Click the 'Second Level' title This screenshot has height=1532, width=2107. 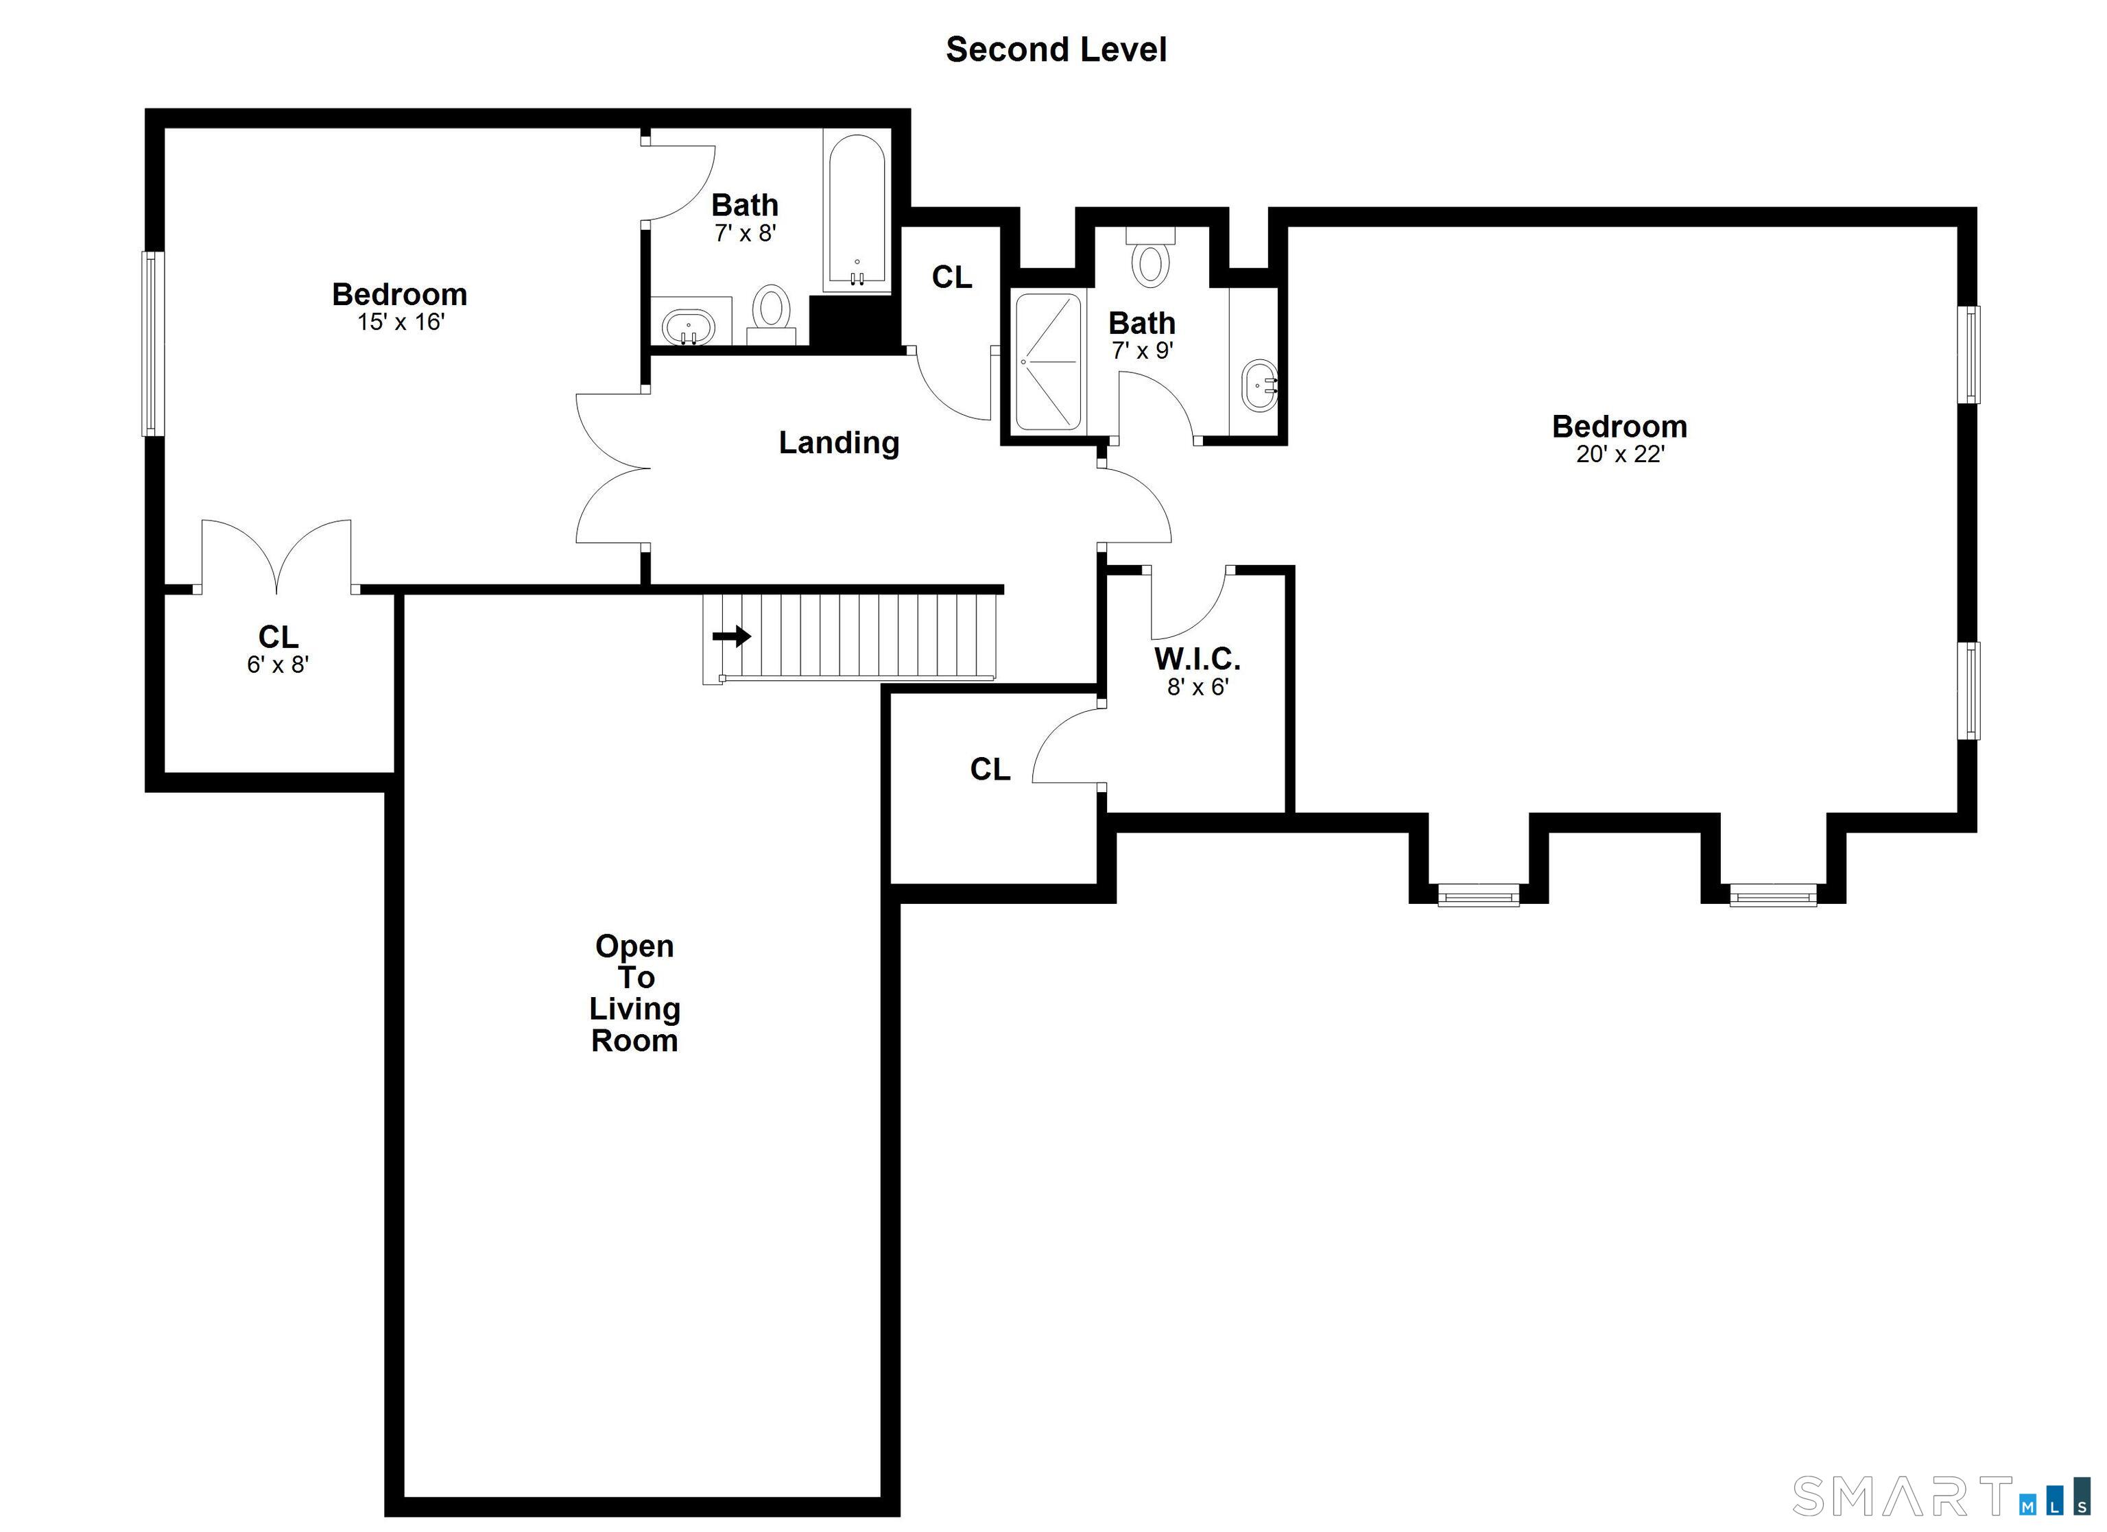coord(1056,50)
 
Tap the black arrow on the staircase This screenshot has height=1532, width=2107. coord(731,636)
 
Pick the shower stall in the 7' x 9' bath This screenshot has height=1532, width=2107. coord(1049,361)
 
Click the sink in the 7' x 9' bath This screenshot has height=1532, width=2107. coord(1261,384)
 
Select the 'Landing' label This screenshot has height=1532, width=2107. coord(838,443)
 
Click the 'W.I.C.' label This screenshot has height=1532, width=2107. coord(1197,659)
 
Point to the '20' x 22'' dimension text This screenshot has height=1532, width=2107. coord(1619,454)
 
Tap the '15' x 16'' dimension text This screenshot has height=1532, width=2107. coord(401,322)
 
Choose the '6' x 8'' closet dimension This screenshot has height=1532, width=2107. coord(278,665)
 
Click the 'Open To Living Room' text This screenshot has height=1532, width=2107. coord(635,992)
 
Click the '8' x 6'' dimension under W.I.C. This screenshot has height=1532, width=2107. coord(1198,688)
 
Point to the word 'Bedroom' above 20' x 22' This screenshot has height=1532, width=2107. coord(1619,427)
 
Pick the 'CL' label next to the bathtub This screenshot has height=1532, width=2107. coord(951,277)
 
